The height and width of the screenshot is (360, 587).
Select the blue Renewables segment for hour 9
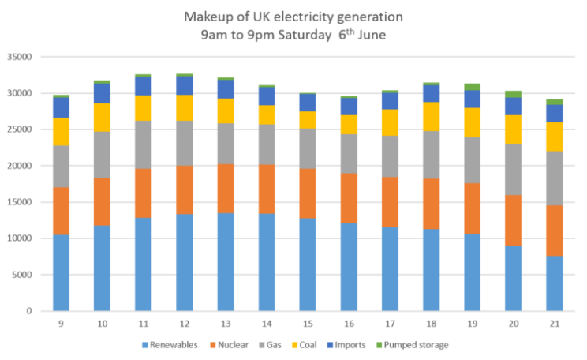tap(62, 272)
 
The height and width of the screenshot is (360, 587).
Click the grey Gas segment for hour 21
tap(554, 178)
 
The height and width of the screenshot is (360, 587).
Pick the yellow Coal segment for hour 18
tap(431, 116)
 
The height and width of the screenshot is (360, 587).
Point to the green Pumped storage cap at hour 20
tap(513, 93)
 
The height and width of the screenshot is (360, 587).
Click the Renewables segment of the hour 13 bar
tap(226, 261)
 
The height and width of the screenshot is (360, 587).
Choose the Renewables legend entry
tap(169, 345)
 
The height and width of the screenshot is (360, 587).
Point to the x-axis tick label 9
tap(62, 323)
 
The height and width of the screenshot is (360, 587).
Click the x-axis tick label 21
tap(554, 323)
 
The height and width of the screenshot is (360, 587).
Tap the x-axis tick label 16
tap(349, 323)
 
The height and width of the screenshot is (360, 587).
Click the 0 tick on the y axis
tap(28, 311)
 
